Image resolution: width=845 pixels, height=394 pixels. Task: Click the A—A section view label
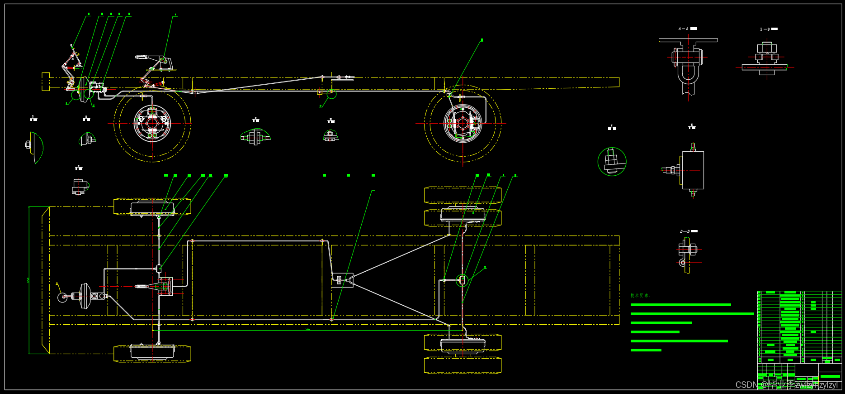[x=684, y=29]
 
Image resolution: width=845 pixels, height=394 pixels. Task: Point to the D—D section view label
[x=685, y=231]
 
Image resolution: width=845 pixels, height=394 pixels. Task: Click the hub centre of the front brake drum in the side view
[x=152, y=123]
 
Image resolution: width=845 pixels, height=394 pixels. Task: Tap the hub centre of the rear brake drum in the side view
[x=463, y=123]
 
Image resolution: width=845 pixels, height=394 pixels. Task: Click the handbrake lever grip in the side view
[x=141, y=57]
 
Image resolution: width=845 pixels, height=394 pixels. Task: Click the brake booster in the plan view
[x=85, y=296]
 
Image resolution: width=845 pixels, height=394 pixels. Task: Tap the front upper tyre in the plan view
[x=152, y=207]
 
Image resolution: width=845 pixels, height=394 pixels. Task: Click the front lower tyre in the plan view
[x=152, y=353]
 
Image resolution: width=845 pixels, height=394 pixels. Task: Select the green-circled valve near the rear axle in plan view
[x=461, y=281]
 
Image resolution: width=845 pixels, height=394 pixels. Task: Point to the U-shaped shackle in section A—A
[x=688, y=75]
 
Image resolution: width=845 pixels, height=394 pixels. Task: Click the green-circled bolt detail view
[x=612, y=162]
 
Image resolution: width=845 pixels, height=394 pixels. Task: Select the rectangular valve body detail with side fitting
[x=692, y=170]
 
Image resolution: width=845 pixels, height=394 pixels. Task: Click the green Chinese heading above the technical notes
[x=640, y=296]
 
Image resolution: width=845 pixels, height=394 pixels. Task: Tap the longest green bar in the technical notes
[x=692, y=314]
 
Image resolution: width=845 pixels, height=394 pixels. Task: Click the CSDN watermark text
[x=787, y=385]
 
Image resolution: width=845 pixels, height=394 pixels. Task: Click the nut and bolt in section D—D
[x=688, y=249]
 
